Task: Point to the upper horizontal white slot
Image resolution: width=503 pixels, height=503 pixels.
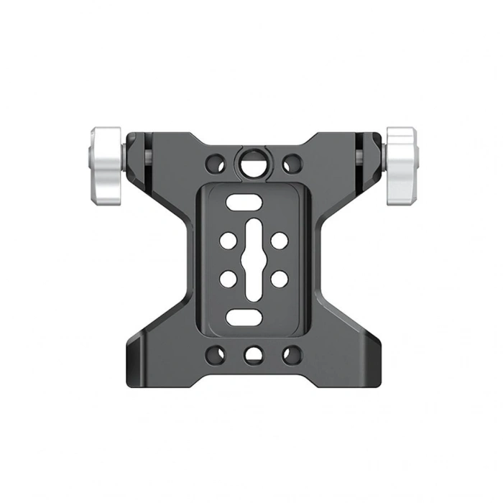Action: (243, 203)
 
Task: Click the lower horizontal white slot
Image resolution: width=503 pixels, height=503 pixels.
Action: (243, 316)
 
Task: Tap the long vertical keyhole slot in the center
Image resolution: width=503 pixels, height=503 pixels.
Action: (253, 259)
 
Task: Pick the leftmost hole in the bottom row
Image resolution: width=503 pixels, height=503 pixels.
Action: (215, 354)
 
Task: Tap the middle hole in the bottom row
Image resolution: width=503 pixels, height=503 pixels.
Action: (252, 354)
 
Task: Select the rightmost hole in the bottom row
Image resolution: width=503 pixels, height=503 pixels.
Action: (290, 354)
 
